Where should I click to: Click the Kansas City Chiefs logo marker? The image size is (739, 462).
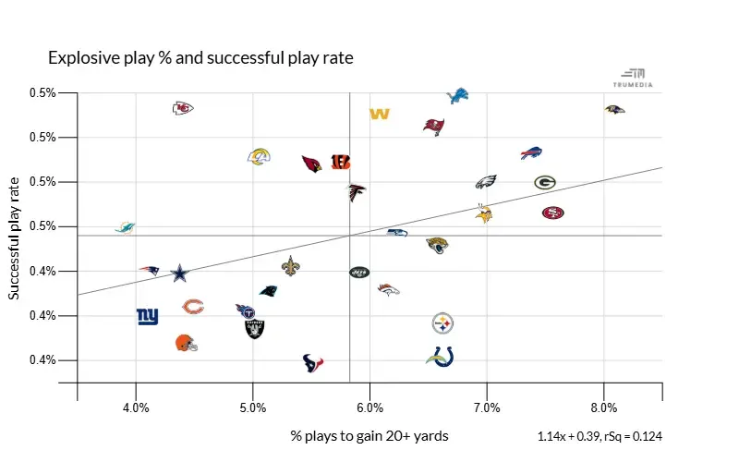(x=183, y=108)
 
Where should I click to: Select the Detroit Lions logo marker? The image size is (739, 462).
(x=457, y=96)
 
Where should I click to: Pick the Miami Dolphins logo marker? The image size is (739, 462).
(x=125, y=227)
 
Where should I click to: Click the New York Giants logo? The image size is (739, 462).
(x=147, y=316)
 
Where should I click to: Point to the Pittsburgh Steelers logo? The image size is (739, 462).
(x=443, y=323)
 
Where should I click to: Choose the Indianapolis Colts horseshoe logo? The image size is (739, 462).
(x=440, y=357)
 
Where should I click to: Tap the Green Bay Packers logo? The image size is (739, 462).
(x=545, y=182)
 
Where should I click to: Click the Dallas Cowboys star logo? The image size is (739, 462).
(x=180, y=273)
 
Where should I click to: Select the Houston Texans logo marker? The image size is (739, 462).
(x=314, y=362)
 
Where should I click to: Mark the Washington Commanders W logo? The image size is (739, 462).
(x=380, y=114)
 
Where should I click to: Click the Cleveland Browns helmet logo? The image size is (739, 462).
(x=186, y=344)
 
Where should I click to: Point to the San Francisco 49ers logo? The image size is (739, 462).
(x=552, y=213)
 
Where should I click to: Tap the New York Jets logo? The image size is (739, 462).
(x=359, y=272)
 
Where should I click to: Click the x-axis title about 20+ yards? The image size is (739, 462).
(x=369, y=434)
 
